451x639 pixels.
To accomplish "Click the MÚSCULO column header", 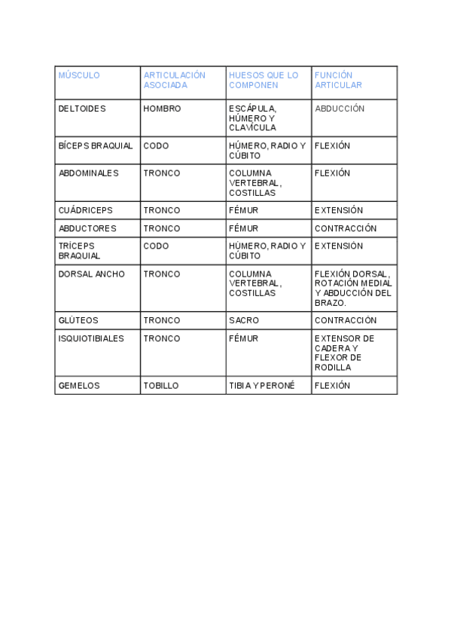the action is coord(79,75).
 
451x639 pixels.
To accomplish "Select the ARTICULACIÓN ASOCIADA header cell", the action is coord(174,80).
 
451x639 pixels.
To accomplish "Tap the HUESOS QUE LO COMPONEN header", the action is coord(264,80).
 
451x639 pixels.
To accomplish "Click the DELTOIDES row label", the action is coord(82,109).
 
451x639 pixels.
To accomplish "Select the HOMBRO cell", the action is coord(162,109).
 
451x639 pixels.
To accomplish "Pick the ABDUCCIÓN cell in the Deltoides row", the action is coord(340,109).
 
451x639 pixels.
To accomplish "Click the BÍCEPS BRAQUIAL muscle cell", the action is coord(96,145).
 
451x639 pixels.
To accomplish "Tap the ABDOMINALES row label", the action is coord(88,173).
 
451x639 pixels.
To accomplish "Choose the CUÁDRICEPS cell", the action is coord(85,210).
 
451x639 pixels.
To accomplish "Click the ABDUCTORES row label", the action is coord(87,228).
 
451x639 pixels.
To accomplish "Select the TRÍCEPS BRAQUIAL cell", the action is coord(79,251).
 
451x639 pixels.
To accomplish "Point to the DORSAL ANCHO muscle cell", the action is coord(92,274).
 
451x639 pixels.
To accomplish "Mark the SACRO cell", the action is coord(244,320).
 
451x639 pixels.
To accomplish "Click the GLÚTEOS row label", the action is coord(78,320).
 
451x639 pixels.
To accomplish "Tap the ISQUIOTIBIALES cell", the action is coord(91,338).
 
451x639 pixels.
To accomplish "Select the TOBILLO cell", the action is coord(161,385).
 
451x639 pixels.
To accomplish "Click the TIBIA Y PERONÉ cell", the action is coord(262,385).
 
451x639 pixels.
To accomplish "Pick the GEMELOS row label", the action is coord(79,385).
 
